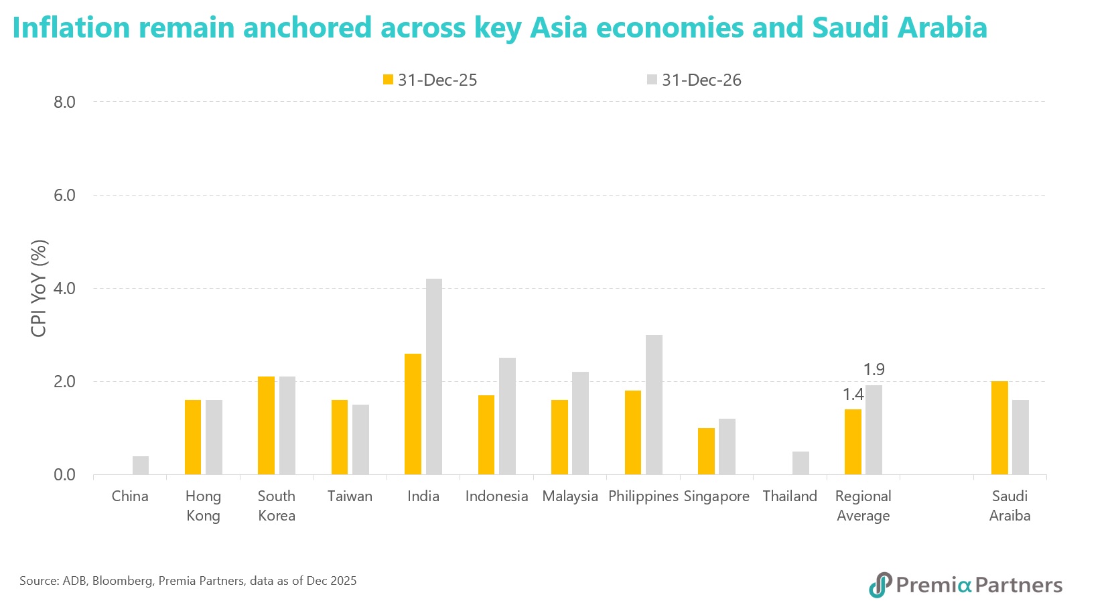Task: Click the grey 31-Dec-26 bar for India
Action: point(433,377)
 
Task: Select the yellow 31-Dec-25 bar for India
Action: point(413,414)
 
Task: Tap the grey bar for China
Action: point(141,465)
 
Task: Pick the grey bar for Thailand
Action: point(801,463)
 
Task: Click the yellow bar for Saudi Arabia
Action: point(999,427)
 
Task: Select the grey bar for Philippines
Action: point(654,405)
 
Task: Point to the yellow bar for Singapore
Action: point(706,451)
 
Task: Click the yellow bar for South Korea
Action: point(266,425)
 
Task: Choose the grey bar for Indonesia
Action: point(507,416)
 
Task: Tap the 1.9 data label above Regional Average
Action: point(874,369)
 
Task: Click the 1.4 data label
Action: point(853,395)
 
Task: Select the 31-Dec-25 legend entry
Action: point(430,80)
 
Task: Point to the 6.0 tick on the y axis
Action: point(64,195)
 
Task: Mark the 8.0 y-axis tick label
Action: point(64,102)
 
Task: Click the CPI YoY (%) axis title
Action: point(39,288)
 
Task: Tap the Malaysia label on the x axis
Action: point(569,496)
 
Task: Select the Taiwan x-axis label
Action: point(350,496)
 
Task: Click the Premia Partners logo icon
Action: point(880,585)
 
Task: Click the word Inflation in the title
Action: point(71,27)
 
